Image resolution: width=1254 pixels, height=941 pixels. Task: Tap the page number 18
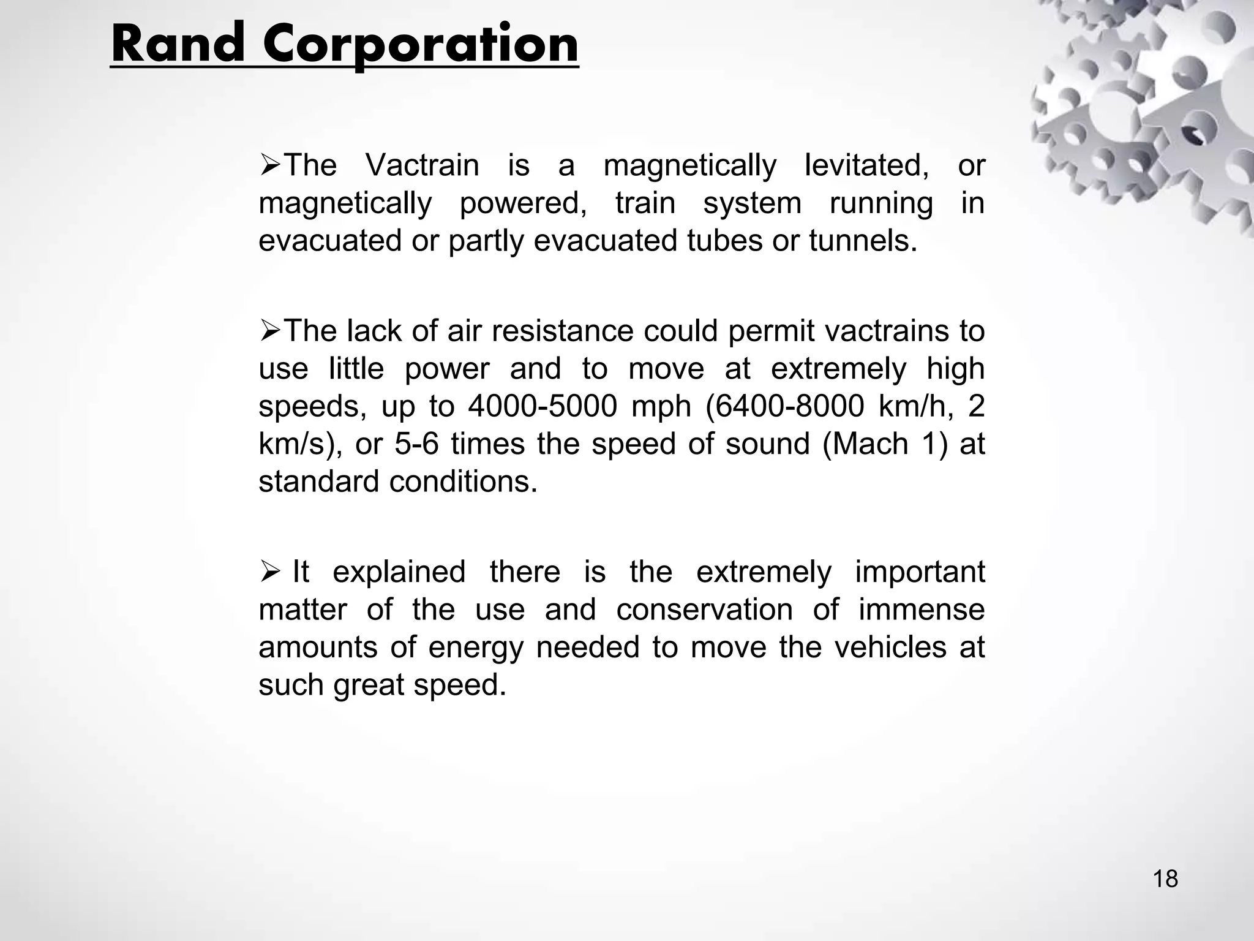pos(1165,879)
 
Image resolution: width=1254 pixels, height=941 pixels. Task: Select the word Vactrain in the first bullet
pos(422,165)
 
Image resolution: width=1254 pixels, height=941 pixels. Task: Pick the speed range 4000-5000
pos(543,406)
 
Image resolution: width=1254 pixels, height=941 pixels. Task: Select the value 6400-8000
pos(789,406)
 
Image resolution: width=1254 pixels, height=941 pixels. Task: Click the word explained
pos(399,572)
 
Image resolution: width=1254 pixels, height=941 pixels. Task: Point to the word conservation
pos(704,610)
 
